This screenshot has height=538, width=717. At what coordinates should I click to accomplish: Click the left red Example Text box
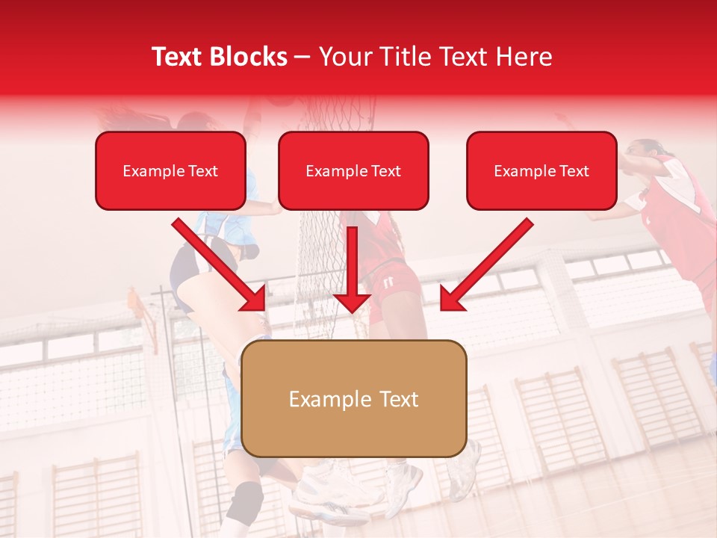[170, 171]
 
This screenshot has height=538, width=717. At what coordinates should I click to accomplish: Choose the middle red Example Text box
[353, 171]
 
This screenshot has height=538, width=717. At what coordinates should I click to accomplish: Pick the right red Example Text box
[541, 171]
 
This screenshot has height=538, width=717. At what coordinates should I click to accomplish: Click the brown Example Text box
[353, 399]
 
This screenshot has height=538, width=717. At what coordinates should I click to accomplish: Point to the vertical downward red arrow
[352, 269]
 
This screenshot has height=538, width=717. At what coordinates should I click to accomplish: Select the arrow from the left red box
[220, 265]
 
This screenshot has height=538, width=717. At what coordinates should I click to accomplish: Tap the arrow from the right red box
[485, 265]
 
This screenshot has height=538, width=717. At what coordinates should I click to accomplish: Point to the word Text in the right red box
[574, 171]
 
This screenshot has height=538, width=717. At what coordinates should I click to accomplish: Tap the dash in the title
[303, 57]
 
